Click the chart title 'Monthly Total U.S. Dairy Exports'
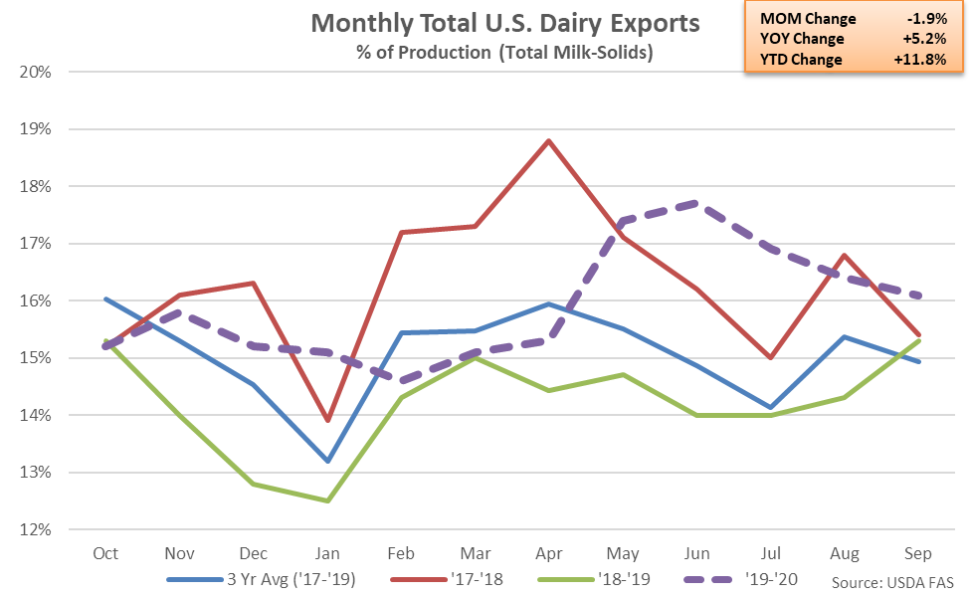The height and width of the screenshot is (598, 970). (505, 23)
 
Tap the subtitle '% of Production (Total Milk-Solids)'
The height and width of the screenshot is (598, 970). (505, 53)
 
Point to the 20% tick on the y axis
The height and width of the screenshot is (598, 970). (38, 73)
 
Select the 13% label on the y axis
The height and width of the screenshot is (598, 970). (38, 473)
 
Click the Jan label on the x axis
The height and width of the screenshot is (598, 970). (328, 552)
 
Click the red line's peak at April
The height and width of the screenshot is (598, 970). (546, 140)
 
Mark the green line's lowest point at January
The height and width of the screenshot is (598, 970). (328, 500)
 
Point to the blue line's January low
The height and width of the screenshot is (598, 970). (328, 461)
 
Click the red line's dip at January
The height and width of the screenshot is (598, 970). (328, 421)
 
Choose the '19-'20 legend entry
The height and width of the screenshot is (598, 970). (756, 578)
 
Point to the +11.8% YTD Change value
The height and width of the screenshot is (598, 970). (931, 60)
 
